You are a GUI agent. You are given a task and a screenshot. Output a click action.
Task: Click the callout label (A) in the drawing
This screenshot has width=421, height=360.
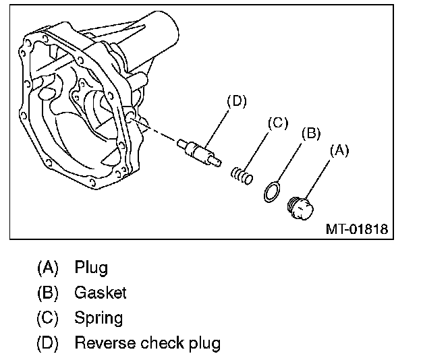click(x=338, y=152)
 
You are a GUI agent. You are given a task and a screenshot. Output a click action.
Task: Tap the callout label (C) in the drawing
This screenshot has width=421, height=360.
click(x=278, y=123)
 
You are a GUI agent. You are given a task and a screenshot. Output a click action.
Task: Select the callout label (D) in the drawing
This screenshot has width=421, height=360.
click(x=236, y=102)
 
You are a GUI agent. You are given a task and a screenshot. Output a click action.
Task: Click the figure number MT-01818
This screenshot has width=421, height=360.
click(x=356, y=229)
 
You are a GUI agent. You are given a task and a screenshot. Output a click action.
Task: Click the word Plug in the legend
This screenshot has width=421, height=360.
click(x=91, y=268)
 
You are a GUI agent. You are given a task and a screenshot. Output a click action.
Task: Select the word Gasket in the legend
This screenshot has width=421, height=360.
click(x=101, y=293)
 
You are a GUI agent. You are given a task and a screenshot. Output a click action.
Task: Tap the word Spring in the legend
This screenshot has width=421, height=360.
click(x=99, y=318)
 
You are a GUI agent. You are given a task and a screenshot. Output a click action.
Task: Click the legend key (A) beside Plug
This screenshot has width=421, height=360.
click(x=48, y=268)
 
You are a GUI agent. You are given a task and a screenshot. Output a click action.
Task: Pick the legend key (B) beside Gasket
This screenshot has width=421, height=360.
click(x=48, y=293)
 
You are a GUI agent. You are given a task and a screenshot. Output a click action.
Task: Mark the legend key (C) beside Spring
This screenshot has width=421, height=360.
click(x=48, y=318)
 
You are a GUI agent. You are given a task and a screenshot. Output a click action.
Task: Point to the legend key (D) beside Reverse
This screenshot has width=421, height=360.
click(x=48, y=343)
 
